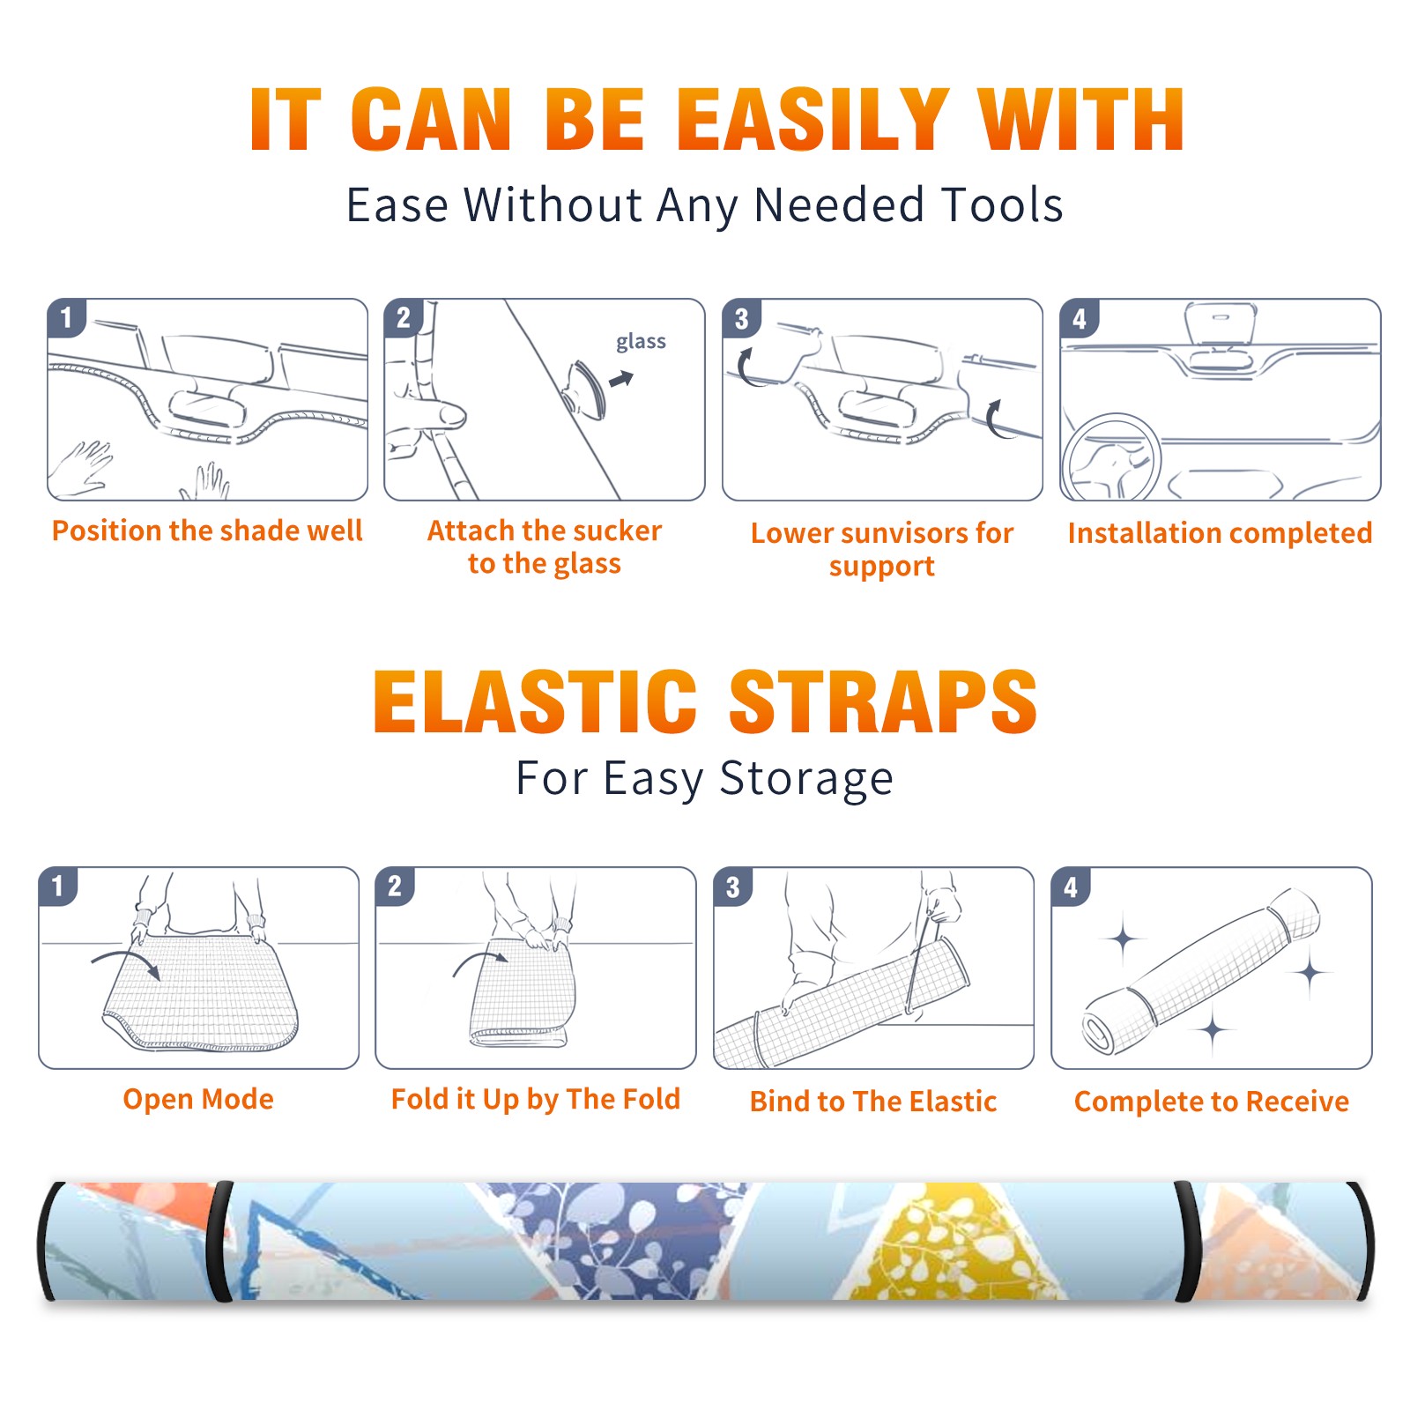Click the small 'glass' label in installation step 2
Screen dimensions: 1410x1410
pyautogui.click(x=641, y=342)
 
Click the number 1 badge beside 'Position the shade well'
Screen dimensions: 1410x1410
pyautogui.click(x=67, y=317)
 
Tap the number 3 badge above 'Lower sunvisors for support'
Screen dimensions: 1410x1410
pyautogui.click(x=742, y=318)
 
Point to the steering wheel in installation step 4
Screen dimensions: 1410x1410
pyautogui.click(x=1111, y=457)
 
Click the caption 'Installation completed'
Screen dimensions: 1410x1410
pyautogui.click(x=1220, y=533)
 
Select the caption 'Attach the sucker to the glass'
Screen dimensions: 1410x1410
pyautogui.click(x=545, y=547)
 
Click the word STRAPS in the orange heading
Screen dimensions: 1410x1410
pyautogui.click(x=883, y=701)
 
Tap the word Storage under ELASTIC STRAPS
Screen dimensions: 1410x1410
pyautogui.click(x=806, y=779)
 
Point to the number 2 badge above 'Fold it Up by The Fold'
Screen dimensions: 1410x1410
pyautogui.click(x=395, y=886)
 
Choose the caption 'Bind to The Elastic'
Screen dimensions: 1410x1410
pyautogui.click(x=873, y=1102)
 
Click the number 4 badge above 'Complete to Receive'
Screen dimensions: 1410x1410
pyautogui.click(x=1071, y=887)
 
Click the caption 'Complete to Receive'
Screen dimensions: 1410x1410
pyautogui.click(x=1212, y=1102)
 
